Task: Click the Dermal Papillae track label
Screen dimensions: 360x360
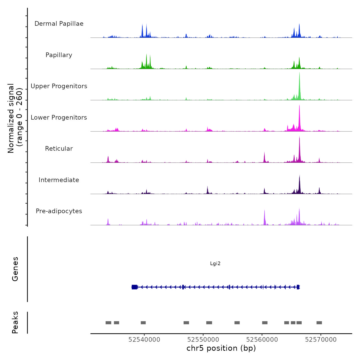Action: (59, 24)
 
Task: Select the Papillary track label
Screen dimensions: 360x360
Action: (59, 55)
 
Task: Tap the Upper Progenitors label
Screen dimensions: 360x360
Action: (59, 86)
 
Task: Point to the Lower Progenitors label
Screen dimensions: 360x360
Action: (59, 118)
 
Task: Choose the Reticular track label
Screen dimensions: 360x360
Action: (59, 149)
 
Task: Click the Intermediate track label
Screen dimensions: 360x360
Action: (59, 180)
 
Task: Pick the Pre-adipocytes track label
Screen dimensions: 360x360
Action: (59, 211)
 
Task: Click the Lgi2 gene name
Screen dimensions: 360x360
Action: (215, 264)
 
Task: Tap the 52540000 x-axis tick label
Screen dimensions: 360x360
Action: (144, 340)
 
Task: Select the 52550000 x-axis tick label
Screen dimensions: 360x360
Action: (203, 340)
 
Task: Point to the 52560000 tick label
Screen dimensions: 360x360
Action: (262, 340)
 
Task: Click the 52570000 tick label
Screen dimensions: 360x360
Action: (321, 340)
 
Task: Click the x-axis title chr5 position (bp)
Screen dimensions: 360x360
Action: (221, 348)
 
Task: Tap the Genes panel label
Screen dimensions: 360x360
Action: (15, 269)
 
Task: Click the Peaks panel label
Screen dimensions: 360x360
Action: (15, 322)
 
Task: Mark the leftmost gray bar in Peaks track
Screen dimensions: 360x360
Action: (108, 323)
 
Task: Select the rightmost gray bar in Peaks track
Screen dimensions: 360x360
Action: (319, 323)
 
